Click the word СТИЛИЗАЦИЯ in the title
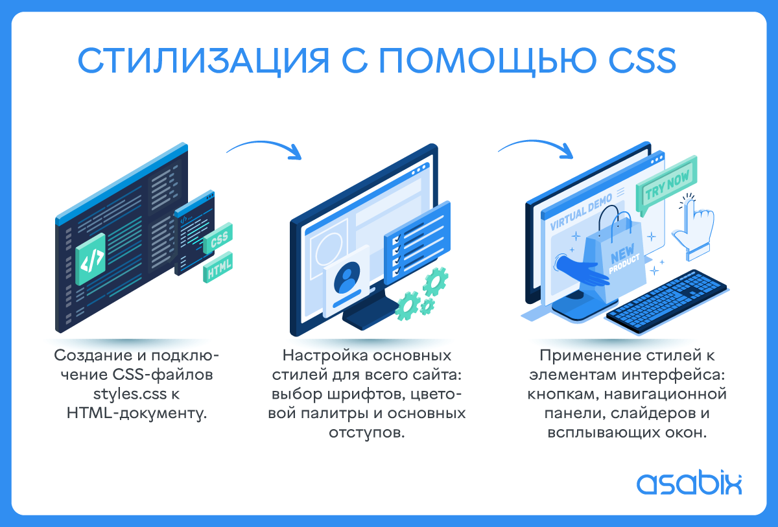click(x=203, y=60)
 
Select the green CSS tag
click(x=218, y=239)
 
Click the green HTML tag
click(x=218, y=268)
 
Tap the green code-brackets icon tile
click(x=90, y=259)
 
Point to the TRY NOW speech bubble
click(x=666, y=185)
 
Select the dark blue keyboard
click(x=667, y=301)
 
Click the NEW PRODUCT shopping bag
click(x=615, y=257)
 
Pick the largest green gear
click(x=435, y=281)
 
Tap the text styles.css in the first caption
click(x=130, y=394)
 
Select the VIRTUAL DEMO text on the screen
click(x=581, y=212)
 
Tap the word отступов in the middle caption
click(x=367, y=433)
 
